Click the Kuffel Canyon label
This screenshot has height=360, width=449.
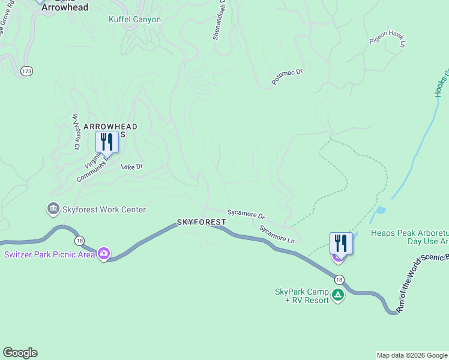point(134,19)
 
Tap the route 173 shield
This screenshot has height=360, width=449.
point(26,71)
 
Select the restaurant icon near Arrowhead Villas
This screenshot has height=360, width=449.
point(107,143)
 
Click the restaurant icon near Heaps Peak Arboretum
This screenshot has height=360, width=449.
point(340,244)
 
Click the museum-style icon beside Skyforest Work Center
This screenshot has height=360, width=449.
point(53,209)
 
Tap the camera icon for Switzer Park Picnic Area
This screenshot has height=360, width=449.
point(104,254)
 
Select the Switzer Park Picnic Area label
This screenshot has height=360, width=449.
point(49,254)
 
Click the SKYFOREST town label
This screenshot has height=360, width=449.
point(202,222)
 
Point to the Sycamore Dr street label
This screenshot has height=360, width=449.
point(246,214)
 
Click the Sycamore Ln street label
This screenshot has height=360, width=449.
point(277,233)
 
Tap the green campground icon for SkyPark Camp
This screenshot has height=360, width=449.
point(338,295)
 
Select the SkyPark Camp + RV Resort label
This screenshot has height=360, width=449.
point(302,296)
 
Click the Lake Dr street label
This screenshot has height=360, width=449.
point(132,166)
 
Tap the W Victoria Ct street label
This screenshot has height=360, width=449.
point(76,131)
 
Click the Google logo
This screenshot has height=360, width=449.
point(20,353)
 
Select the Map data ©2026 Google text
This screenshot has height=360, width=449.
point(412,355)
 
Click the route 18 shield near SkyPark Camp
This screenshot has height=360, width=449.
point(340,280)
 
